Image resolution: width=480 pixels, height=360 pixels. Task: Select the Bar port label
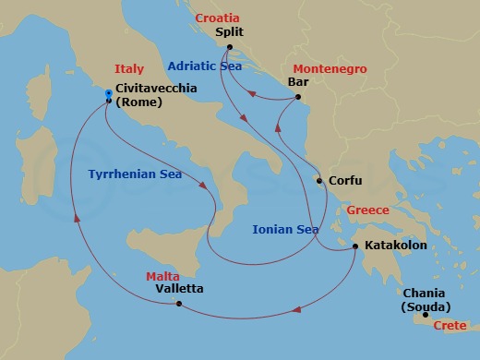click(298, 81)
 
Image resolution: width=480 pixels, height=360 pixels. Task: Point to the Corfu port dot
click(319, 181)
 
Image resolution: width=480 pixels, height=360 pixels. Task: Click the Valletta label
click(177, 289)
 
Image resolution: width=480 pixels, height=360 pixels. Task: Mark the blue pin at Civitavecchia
click(109, 93)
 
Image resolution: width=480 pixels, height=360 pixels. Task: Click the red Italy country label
click(128, 69)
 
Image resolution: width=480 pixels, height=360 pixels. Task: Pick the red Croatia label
click(217, 17)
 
